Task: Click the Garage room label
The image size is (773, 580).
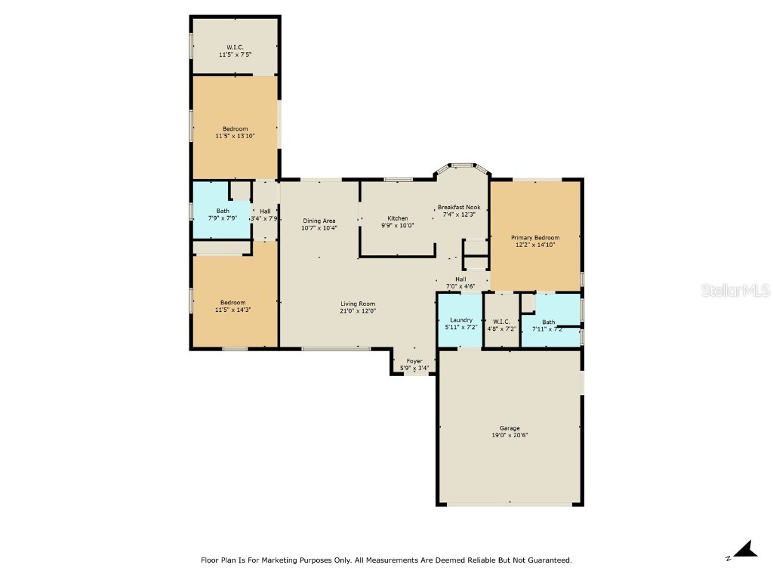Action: [x=510, y=428]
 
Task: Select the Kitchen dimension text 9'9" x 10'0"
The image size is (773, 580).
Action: [x=397, y=225]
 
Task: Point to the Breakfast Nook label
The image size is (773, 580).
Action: [x=459, y=207]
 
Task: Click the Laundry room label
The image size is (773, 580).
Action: [x=460, y=320]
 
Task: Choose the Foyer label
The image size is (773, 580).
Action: [x=414, y=361]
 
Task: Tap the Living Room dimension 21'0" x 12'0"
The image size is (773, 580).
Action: [x=358, y=310]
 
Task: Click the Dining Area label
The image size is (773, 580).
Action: [x=319, y=221]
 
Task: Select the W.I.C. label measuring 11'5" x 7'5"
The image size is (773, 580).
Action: [x=235, y=47]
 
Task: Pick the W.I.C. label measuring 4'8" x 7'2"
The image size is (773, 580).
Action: [x=501, y=321]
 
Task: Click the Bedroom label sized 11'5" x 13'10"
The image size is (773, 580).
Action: [x=235, y=128]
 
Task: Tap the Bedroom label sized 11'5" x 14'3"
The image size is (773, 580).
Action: [x=233, y=303]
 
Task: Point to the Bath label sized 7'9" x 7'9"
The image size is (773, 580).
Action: [x=223, y=211]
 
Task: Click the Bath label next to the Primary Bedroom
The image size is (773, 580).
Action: [x=548, y=322]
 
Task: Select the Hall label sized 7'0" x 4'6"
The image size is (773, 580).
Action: [x=460, y=279]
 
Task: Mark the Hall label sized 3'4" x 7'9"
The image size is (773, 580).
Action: [x=265, y=211]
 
